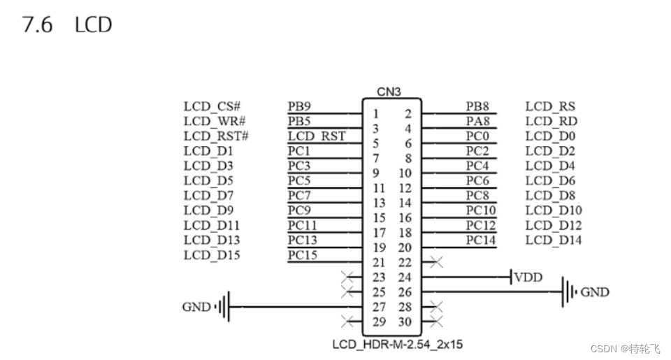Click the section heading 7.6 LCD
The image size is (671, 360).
coord(67,25)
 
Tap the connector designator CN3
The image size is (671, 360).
coord(390,92)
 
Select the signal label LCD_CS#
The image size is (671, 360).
coord(212,107)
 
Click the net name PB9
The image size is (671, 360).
coord(299,107)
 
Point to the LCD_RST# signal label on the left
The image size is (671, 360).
coord(216,136)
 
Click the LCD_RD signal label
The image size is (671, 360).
coord(551,122)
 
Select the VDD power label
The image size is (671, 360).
coord(528,278)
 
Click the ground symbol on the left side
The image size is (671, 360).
coord(224,307)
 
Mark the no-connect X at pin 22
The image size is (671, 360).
coord(437,263)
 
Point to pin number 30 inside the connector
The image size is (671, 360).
coord(405,322)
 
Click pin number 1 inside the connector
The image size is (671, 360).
coord(376,114)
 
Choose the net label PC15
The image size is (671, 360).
coord(302,254)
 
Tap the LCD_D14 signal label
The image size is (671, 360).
coord(554,240)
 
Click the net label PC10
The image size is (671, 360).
coord(481,210)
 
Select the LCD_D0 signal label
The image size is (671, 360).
coord(550,136)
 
